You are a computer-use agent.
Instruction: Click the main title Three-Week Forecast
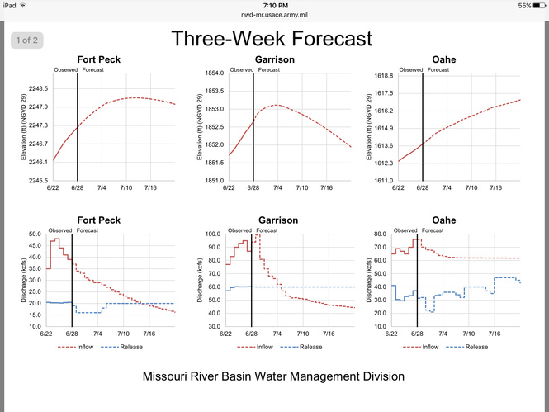pos(272,39)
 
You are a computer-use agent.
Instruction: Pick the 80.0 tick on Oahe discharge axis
pos(381,234)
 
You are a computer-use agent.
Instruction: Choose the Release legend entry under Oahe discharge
pos(473,348)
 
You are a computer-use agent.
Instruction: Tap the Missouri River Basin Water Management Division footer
pos(273,376)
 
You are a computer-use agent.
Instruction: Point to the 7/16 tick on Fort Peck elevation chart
pos(150,188)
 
